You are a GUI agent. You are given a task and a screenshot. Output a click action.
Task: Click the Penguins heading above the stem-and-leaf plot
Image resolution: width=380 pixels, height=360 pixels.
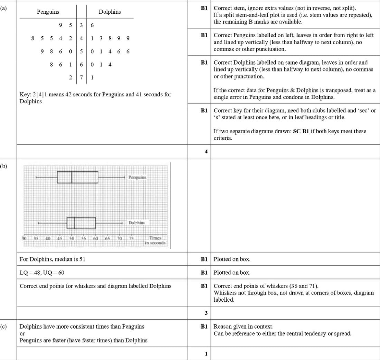pos(48,12)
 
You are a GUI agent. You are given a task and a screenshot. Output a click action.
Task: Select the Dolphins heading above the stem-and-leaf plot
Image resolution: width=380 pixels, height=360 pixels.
pos(110,12)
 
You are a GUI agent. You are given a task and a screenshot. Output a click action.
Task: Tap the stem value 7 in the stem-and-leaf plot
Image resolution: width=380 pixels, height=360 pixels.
pos(82,77)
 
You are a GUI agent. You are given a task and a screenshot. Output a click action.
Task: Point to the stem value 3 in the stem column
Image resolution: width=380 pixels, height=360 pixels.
pos(82,25)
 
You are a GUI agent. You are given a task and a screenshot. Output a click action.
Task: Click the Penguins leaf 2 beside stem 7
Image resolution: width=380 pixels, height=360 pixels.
pos(71,77)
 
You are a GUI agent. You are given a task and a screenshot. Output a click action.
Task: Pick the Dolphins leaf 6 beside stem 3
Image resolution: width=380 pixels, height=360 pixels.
pos(92,25)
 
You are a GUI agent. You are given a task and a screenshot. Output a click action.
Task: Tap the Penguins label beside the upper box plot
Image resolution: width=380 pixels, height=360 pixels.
pos(137,177)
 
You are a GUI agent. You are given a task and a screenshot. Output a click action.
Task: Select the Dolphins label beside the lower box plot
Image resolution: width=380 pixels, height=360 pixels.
pos(137,223)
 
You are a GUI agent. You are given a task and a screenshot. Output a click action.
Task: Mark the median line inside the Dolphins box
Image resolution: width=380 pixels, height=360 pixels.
pos(74,223)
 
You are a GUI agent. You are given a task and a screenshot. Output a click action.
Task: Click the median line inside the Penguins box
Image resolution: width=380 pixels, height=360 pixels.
pos(72,177)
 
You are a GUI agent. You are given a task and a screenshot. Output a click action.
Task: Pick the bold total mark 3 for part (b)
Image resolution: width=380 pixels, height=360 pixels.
pos(206,313)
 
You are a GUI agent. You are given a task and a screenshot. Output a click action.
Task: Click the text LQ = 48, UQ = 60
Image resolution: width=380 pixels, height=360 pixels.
pos(42,273)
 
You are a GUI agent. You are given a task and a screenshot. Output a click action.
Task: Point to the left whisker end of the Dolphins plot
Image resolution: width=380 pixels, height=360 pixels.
pos(38,223)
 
